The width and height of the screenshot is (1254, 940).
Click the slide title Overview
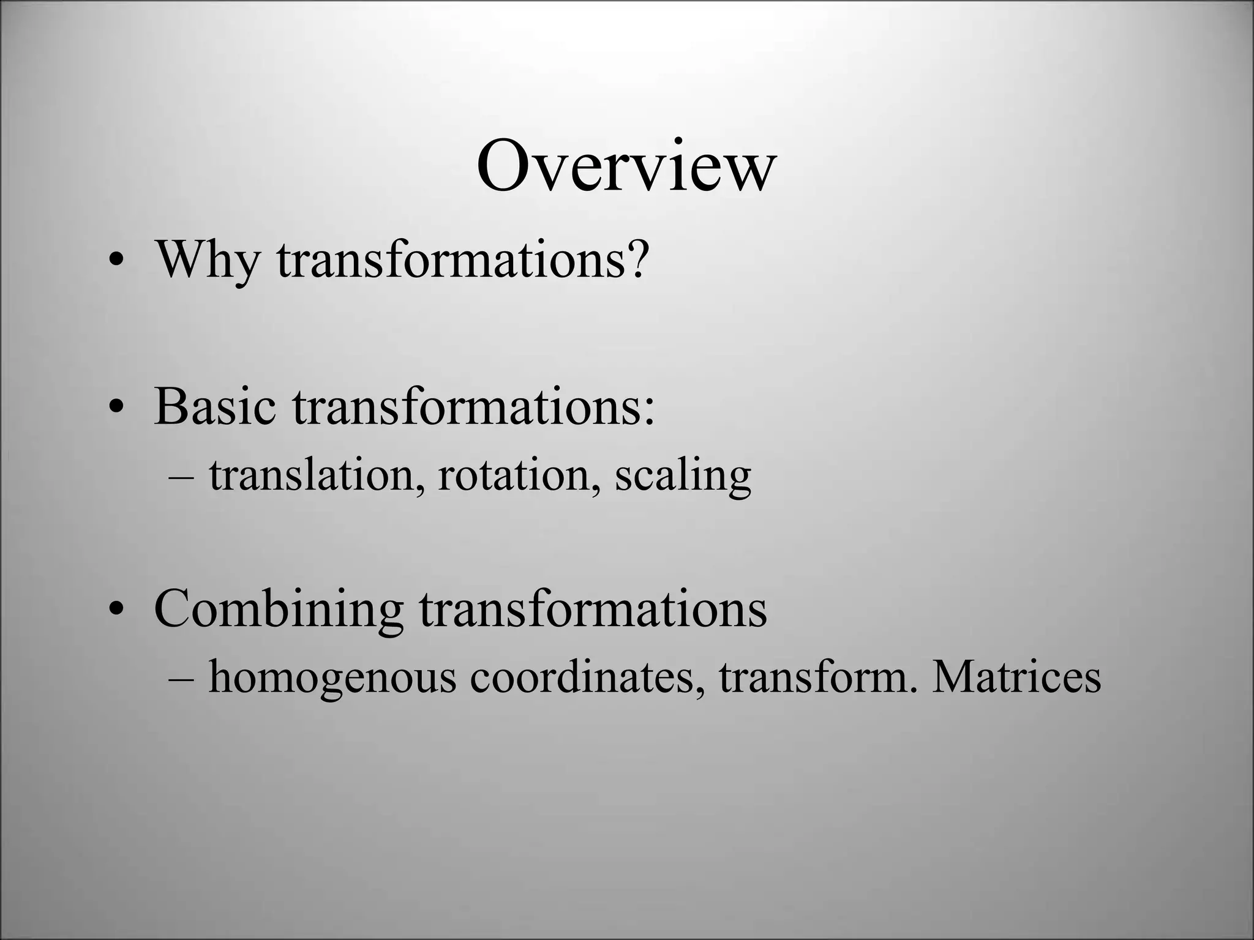point(626,166)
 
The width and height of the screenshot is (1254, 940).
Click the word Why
point(208,259)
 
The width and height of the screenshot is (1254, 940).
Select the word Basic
point(215,406)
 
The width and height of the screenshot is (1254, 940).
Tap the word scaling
point(683,476)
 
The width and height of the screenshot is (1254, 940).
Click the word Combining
point(279,610)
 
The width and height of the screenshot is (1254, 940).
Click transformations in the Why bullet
point(454,259)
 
